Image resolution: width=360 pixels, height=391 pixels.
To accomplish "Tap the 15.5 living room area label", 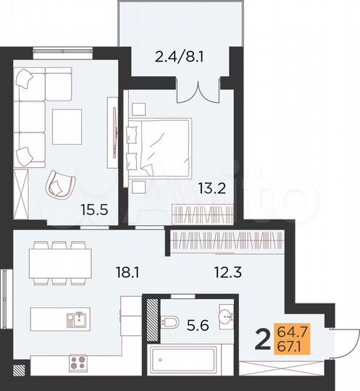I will point(91,211).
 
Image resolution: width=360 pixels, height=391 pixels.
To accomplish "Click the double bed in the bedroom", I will point(161,145).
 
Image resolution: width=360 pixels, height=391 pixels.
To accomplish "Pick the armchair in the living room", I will point(59,184).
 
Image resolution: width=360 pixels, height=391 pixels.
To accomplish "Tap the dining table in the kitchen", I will point(62,261).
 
